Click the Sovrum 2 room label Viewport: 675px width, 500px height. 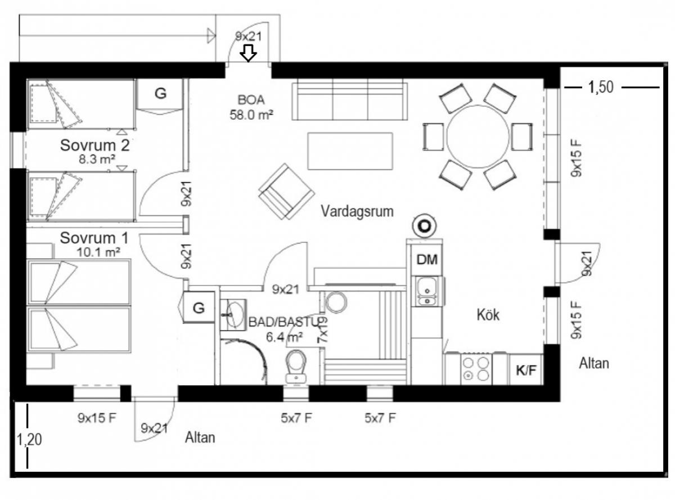(x=94, y=146)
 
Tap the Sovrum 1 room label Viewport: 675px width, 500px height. (x=94, y=238)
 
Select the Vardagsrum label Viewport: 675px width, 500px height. (x=357, y=211)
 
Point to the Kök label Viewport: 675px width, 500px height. (x=488, y=314)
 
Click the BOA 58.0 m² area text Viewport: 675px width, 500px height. (x=251, y=107)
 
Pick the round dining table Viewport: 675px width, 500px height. (x=478, y=137)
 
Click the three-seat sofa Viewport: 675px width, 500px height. (x=350, y=100)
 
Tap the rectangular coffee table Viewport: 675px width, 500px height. (x=350, y=151)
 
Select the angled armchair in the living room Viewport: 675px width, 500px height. (x=286, y=192)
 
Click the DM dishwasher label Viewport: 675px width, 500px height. (x=427, y=260)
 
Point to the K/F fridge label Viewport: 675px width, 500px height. (x=526, y=370)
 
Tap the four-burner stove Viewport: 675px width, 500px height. (x=476, y=368)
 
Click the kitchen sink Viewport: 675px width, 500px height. (x=427, y=291)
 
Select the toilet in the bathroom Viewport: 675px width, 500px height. (x=296, y=366)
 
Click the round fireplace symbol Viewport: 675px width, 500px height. (x=424, y=226)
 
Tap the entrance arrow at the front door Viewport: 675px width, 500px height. (x=248, y=53)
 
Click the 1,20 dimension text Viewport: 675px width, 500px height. (x=29, y=440)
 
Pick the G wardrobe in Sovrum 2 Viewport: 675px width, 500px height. (x=160, y=94)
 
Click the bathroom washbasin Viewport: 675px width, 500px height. (x=234, y=314)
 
